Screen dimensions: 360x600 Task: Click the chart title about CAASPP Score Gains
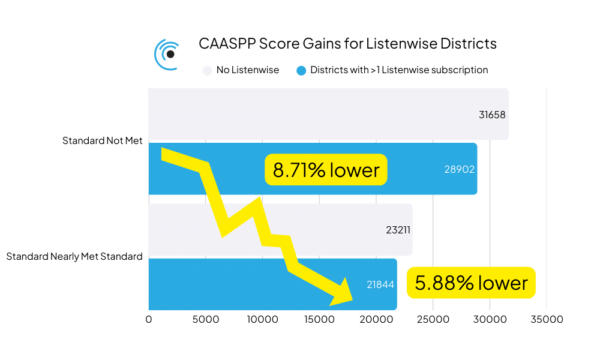point(347,44)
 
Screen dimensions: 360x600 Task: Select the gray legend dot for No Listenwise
point(208,70)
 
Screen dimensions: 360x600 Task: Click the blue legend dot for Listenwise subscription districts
point(301,70)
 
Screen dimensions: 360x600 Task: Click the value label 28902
point(459,169)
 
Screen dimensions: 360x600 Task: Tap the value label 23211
point(398,229)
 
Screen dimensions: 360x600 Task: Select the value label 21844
point(380,284)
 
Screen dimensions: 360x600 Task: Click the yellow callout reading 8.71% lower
point(326,170)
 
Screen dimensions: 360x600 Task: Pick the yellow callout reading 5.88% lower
point(471,283)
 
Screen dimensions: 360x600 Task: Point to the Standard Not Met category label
point(103,141)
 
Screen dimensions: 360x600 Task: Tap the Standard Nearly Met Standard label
point(74,256)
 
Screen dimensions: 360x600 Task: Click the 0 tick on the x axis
point(149,319)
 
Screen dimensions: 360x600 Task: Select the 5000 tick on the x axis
point(205,319)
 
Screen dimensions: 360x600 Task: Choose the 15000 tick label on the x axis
point(319,319)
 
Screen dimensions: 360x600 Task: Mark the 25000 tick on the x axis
point(433,319)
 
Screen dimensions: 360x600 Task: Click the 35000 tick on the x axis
point(546,319)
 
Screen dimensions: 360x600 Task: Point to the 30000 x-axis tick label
point(490,319)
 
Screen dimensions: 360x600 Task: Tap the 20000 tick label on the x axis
point(376,319)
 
